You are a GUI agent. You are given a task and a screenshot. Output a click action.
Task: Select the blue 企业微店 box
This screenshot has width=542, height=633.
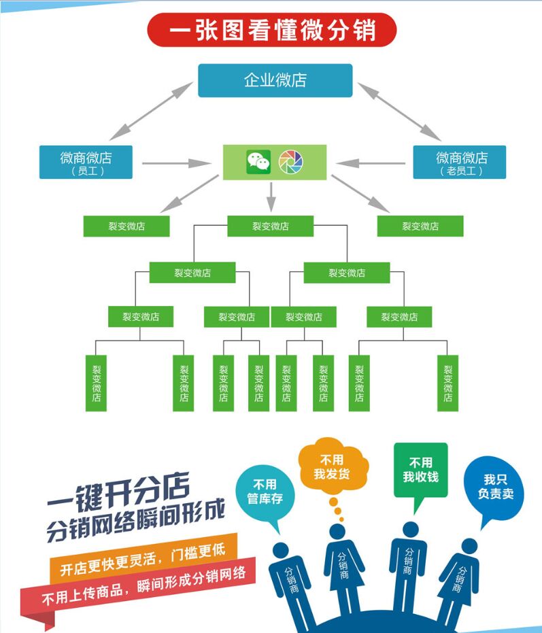pos(275,80)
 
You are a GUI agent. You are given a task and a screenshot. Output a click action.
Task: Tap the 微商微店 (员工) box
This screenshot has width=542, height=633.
pos(86,162)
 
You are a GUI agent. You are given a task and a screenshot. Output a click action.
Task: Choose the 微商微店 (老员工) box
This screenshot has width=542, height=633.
pos(460,162)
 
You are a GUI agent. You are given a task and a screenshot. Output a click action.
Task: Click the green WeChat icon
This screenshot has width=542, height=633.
pos(258,162)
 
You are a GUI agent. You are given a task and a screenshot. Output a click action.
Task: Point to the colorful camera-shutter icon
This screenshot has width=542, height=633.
pos(291,162)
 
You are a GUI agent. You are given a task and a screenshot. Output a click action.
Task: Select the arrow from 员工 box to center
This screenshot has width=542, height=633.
pos(175,163)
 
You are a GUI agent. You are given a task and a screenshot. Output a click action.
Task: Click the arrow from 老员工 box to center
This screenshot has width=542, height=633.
pos(371,163)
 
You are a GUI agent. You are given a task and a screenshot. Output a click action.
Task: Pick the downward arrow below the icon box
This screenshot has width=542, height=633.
pos(271,196)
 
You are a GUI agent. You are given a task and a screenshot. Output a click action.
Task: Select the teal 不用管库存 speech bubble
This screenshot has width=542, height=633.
pos(265,494)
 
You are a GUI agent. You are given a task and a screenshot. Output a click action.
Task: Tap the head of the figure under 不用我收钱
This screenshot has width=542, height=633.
pos(409,529)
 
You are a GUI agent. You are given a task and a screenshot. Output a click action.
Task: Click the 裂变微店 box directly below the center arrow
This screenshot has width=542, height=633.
pos(270,226)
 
